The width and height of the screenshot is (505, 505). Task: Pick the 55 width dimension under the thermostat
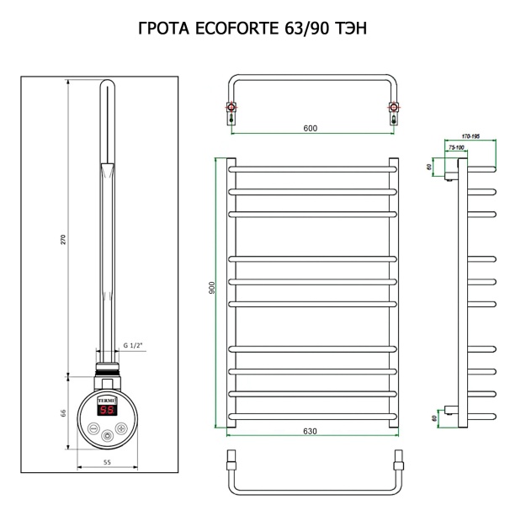107,462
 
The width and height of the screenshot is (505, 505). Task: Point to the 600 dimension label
310,128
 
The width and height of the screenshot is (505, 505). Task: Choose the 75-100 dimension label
455,146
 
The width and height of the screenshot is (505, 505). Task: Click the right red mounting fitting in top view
391,107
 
